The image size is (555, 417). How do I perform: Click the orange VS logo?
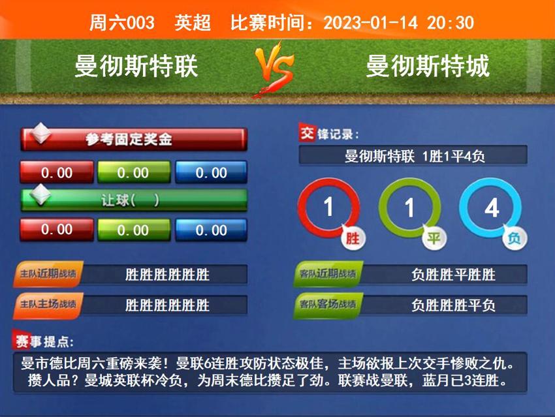275,68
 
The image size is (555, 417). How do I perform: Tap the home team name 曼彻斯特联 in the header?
136,66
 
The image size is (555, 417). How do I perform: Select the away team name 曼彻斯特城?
428,66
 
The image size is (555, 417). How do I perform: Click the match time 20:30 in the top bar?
451,23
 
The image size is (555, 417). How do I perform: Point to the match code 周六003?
122,23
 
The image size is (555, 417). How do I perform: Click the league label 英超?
193,23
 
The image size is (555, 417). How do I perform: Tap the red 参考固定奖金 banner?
134,139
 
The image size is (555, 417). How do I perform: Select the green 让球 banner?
134,200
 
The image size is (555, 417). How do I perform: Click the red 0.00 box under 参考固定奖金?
57,173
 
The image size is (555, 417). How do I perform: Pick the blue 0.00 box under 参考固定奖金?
211,173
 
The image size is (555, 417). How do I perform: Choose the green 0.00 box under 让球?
133,230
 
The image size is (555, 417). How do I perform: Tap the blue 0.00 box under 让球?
211,230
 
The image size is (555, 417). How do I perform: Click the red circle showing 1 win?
328,208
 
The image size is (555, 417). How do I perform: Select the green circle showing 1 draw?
409,208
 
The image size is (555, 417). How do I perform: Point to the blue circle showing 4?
491,208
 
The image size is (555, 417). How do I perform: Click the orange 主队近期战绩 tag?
48,274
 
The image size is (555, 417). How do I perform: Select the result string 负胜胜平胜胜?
453,275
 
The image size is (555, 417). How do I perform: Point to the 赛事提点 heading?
44,341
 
